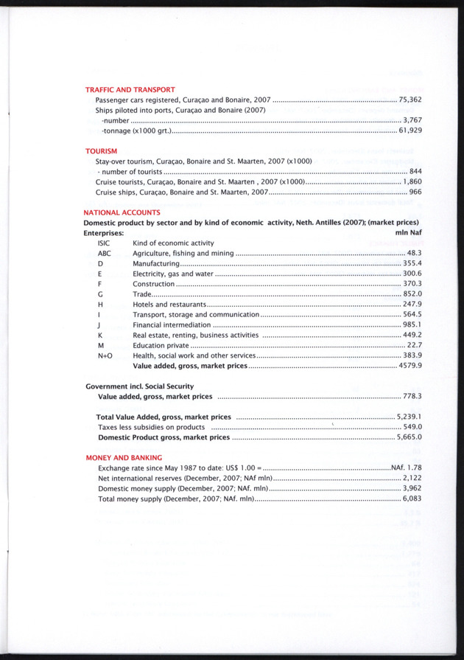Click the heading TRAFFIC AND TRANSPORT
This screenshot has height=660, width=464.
click(130, 89)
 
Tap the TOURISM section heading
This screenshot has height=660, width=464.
click(102, 150)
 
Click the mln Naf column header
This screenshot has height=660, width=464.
click(408, 232)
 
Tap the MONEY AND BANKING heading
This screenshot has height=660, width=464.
click(124, 457)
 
